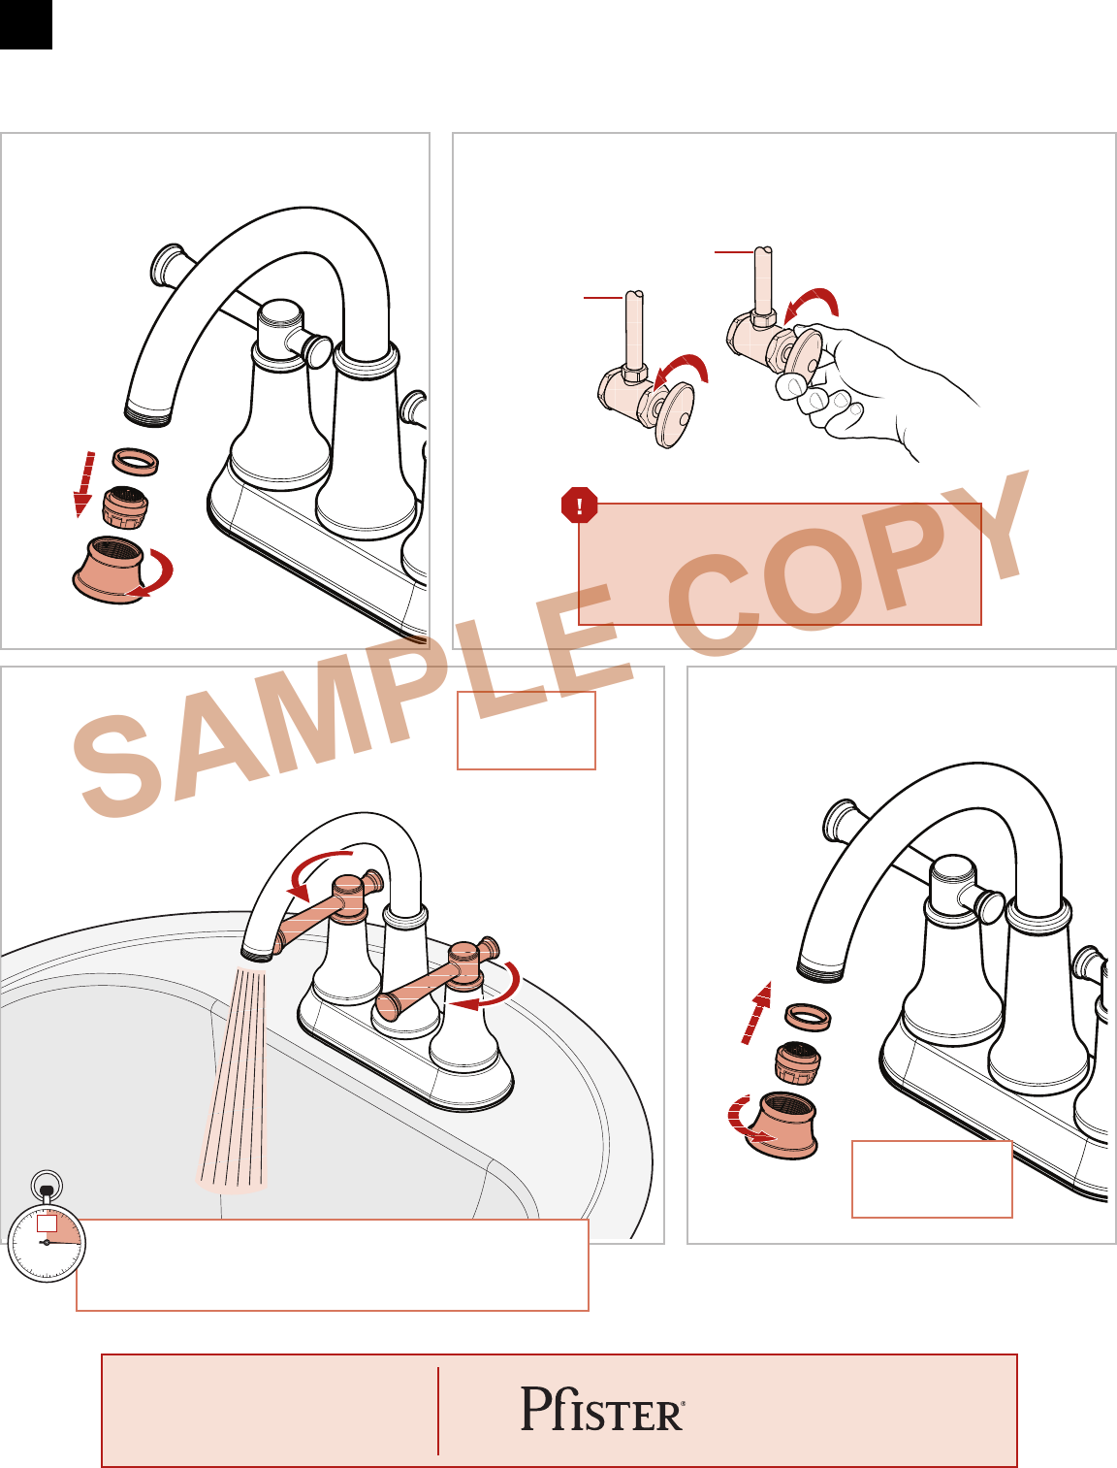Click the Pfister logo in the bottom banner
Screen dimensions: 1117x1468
coord(602,1408)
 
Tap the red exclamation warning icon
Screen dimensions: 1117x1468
coord(579,505)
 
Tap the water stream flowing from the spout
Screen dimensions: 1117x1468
coord(234,1078)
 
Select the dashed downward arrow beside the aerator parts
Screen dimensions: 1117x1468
coord(84,484)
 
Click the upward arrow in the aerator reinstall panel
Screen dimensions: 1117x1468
coord(757,1013)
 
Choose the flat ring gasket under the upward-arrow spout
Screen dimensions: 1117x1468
coord(808,1017)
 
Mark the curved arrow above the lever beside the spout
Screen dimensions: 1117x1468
coord(314,869)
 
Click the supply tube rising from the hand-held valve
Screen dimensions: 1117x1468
coord(763,280)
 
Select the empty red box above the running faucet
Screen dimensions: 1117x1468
coord(527,731)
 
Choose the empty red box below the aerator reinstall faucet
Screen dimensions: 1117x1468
coord(932,1180)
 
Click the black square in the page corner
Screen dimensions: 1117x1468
coord(26,25)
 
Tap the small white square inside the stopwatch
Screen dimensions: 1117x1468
coord(47,1223)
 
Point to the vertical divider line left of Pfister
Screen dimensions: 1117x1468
coord(438,1411)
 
